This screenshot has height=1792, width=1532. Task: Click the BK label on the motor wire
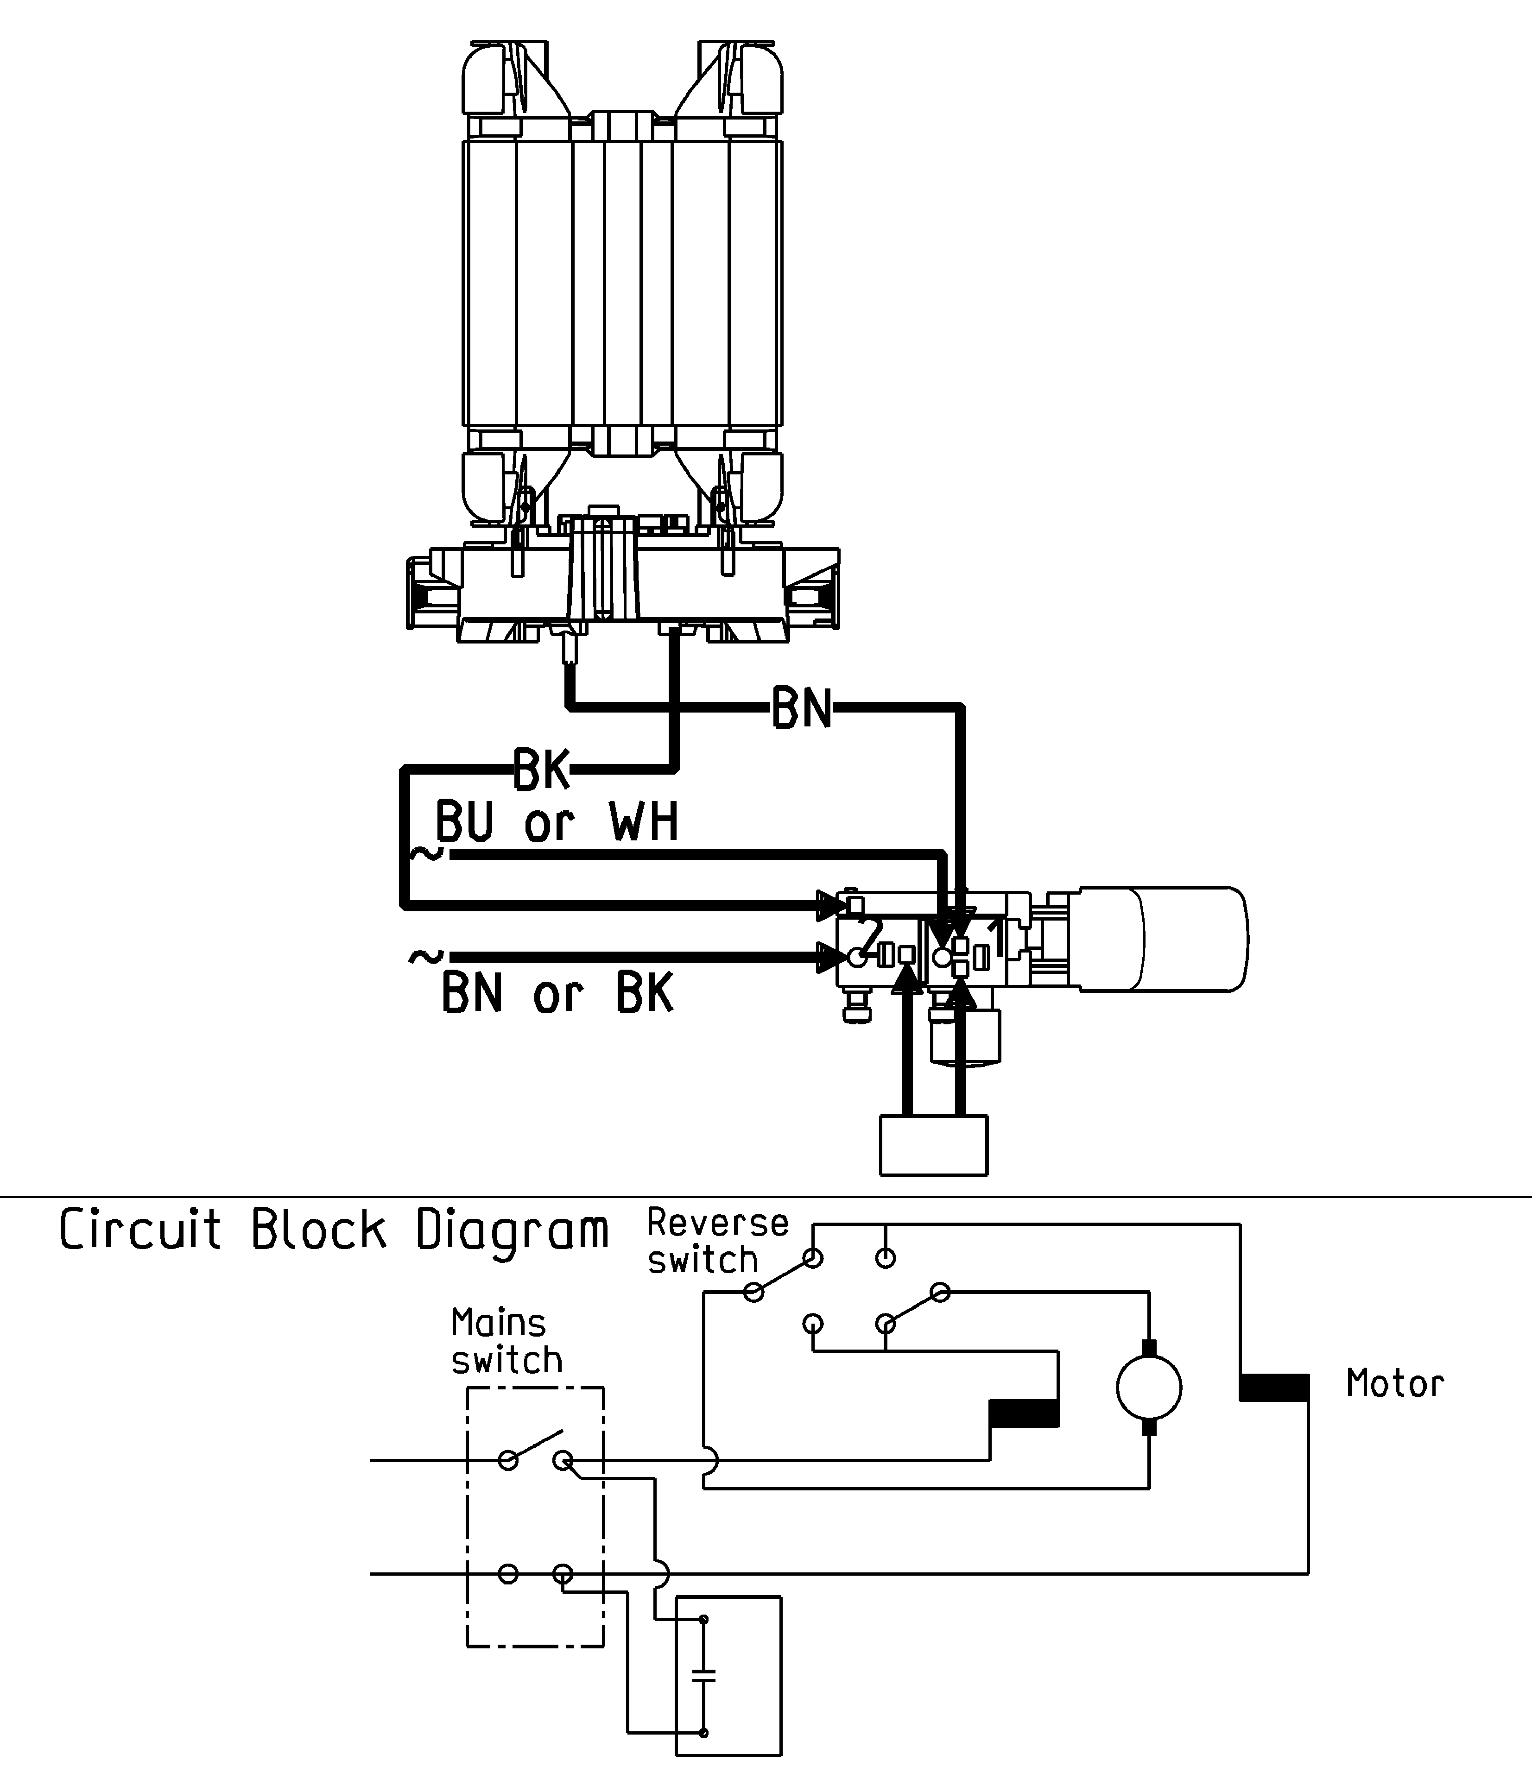542,769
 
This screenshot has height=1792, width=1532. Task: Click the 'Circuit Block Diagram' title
335,1230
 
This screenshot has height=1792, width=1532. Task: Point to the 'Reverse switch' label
718,1241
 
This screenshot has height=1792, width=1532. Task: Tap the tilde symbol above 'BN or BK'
425,957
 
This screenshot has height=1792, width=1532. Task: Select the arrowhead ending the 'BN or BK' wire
832,957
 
